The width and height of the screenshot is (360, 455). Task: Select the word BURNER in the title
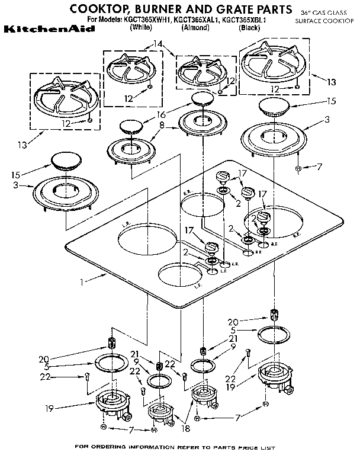(168, 9)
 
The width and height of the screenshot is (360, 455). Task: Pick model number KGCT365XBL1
(247, 20)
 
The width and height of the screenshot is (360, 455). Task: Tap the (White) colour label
(141, 27)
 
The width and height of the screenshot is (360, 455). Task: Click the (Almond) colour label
(195, 27)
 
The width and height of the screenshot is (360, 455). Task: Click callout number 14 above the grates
(156, 44)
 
